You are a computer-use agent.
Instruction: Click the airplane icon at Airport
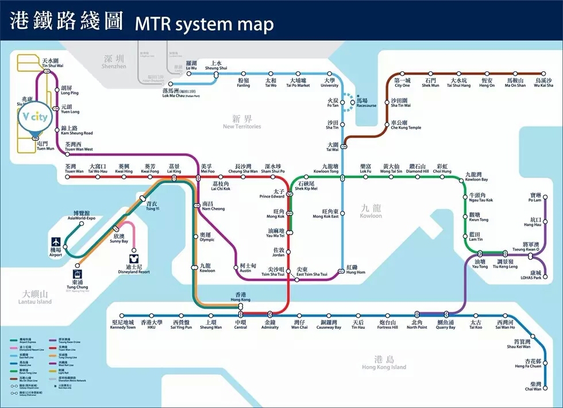click(x=56, y=243)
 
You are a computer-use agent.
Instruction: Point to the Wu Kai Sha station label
click(x=543, y=83)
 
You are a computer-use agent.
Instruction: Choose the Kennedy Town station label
click(x=123, y=325)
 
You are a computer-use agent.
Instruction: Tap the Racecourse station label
click(x=366, y=103)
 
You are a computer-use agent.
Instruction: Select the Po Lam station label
click(x=535, y=197)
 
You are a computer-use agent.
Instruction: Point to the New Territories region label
click(x=242, y=122)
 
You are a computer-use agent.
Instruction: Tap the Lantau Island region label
click(x=34, y=298)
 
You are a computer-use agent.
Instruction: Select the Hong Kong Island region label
click(x=384, y=363)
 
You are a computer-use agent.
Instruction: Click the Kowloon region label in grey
click(x=371, y=212)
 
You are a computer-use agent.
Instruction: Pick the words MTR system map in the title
click(x=204, y=24)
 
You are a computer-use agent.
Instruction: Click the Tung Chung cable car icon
click(x=78, y=274)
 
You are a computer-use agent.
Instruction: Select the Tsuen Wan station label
click(x=74, y=169)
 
